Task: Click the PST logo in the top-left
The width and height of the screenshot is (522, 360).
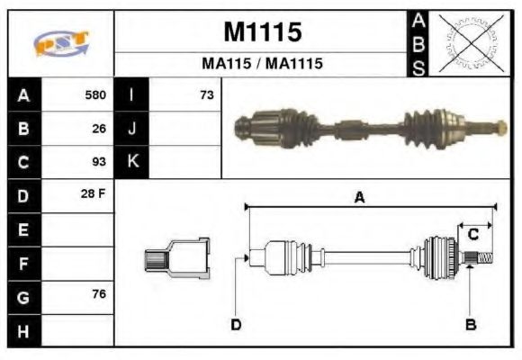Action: point(59,42)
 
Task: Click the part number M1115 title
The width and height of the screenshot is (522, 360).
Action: point(262,32)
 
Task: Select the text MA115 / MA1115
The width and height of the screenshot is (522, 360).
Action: point(262,65)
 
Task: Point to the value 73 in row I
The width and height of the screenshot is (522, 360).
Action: point(206,94)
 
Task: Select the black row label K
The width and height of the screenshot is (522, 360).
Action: point(131,163)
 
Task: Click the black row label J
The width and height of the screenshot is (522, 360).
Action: point(131,129)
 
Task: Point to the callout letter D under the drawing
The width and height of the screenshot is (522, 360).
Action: point(236,325)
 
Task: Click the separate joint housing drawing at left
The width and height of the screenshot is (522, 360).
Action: point(177,258)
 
